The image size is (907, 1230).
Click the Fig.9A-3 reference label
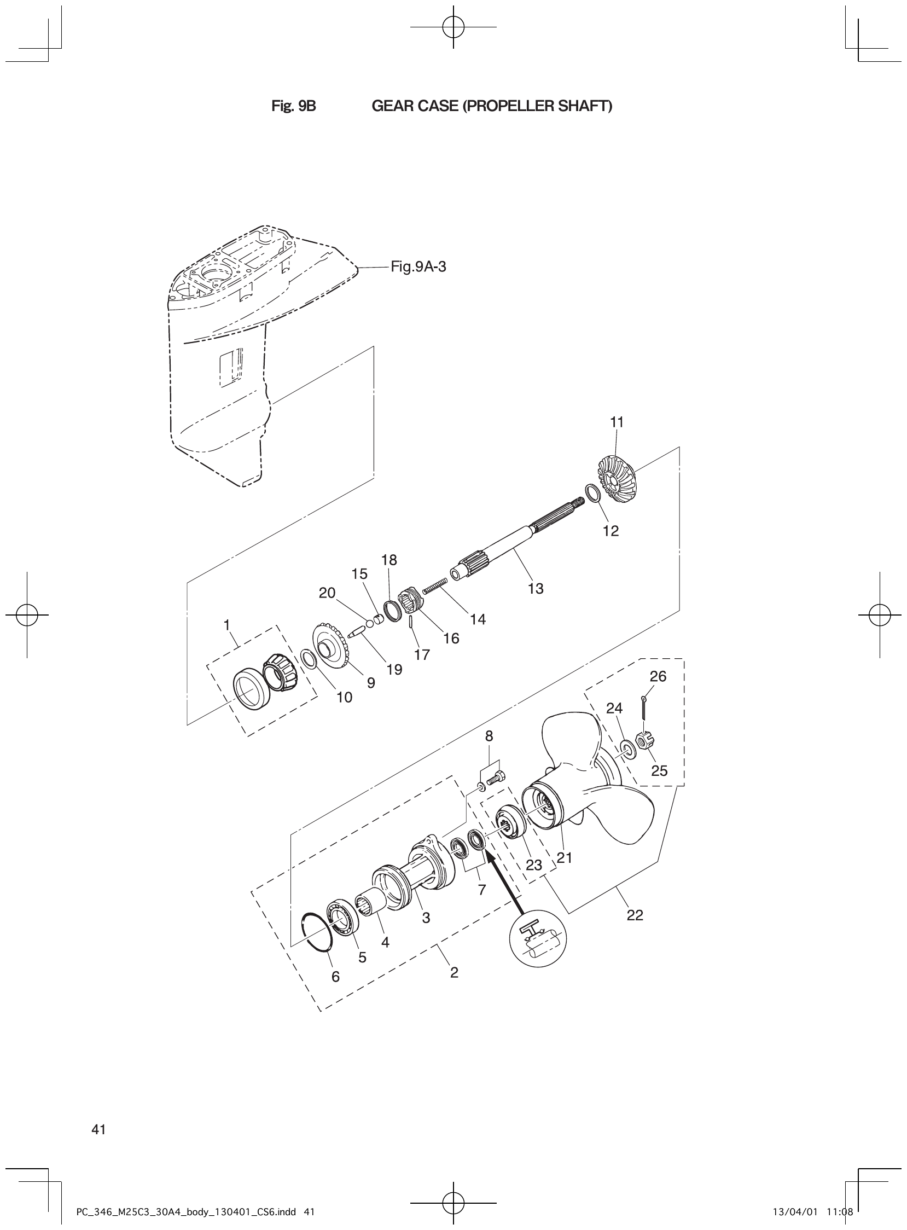(418, 268)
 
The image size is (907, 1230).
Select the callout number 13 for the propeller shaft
(536, 589)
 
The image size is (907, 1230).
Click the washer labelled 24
(626, 748)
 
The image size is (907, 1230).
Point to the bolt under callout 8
(496, 778)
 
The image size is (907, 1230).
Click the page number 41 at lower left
(99, 1129)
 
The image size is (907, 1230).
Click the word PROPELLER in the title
(508, 106)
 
